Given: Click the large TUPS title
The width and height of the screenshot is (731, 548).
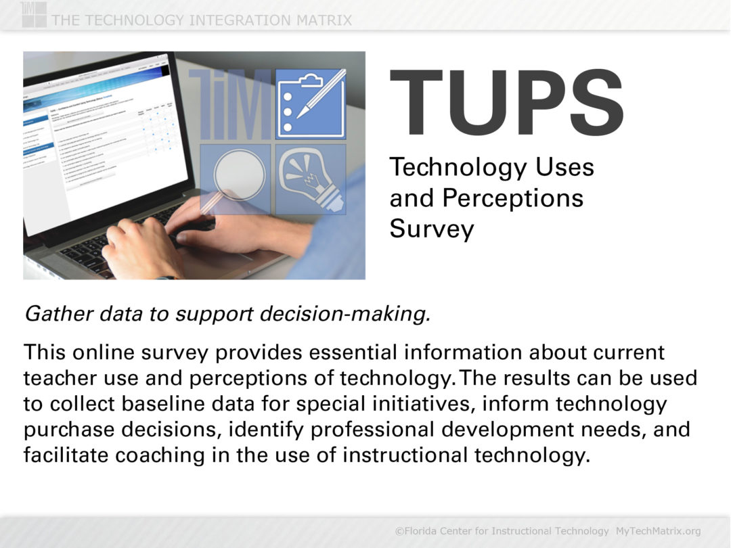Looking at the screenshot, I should click(506, 104).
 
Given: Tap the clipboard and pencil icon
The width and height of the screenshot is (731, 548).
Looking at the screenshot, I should click(311, 104).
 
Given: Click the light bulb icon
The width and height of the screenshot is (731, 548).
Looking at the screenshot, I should click(311, 178).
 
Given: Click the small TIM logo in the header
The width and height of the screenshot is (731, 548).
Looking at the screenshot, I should click(34, 14).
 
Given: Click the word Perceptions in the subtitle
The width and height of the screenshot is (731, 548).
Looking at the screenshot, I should click(512, 198).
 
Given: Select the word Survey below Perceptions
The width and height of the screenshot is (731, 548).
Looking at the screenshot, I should click(431, 229).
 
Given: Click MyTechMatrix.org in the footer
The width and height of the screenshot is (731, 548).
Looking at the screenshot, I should click(658, 531).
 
